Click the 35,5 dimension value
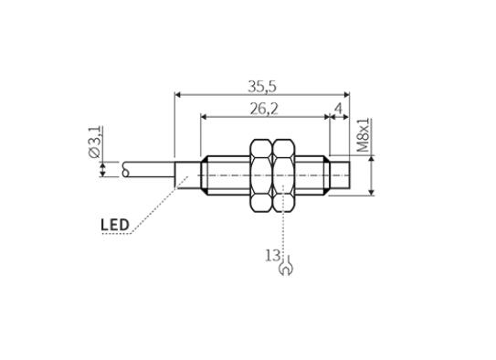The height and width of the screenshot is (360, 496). click(x=262, y=87)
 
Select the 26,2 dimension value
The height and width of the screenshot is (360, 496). click(x=264, y=109)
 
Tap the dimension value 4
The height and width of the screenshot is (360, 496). click(x=339, y=109)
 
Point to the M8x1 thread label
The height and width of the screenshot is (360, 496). click(x=364, y=135)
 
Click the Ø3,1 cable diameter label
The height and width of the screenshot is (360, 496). click(x=95, y=142)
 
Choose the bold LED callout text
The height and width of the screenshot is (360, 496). click(x=115, y=225)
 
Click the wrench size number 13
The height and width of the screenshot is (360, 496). click(x=273, y=256)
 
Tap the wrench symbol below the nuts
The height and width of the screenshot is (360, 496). click(x=286, y=267)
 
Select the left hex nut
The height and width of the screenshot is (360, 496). click(x=261, y=175)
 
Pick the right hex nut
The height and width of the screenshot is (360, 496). click(x=284, y=175)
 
